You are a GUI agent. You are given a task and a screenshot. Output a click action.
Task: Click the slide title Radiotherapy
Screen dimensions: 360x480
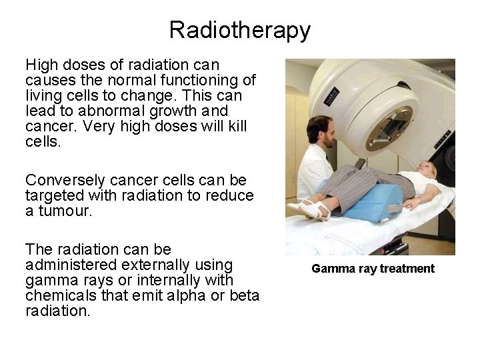239,30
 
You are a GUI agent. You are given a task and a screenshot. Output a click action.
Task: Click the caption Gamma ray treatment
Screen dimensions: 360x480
373,269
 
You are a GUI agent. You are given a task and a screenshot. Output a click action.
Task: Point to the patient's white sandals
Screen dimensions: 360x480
310,209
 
